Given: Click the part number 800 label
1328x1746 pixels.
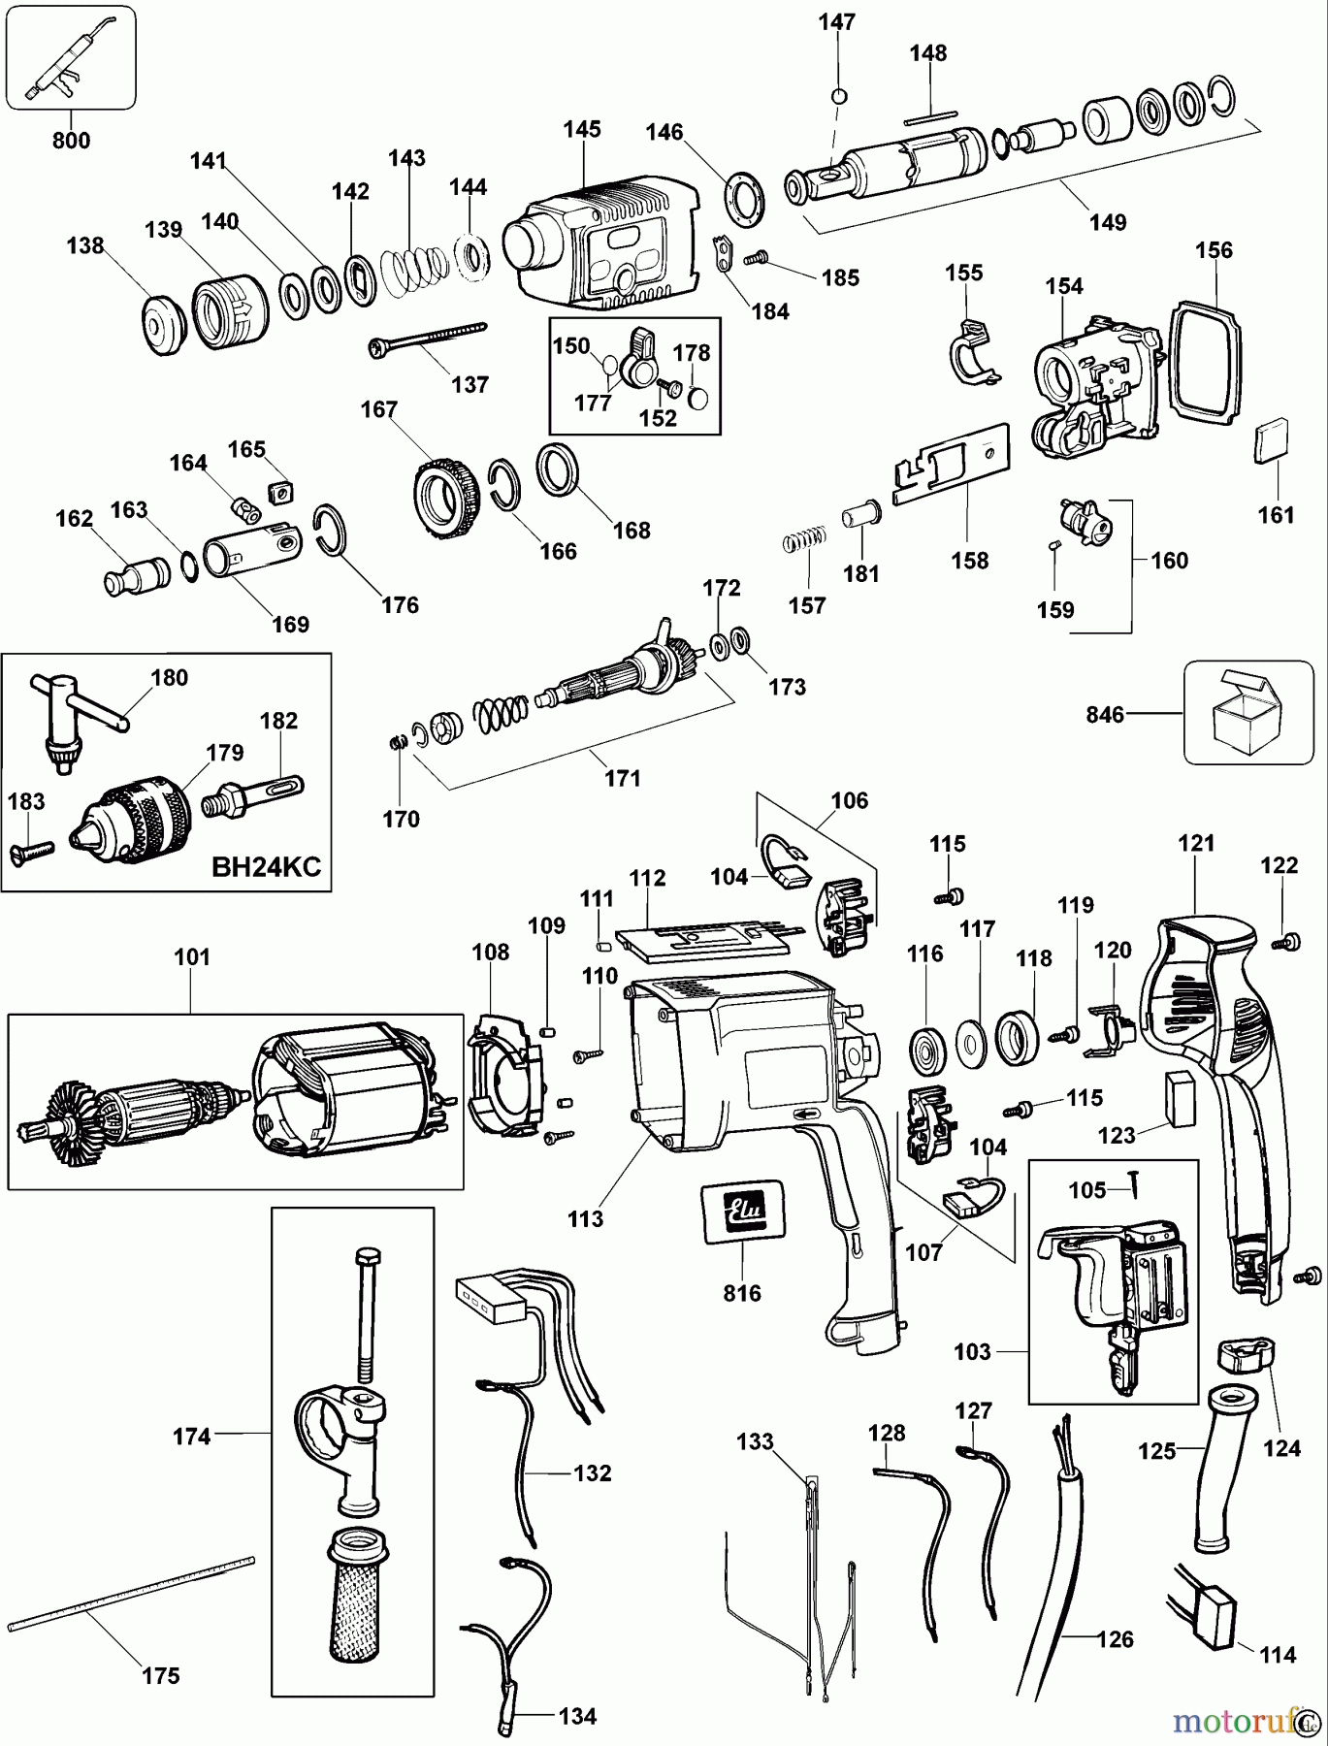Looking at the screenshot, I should pyautogui.click(x=71, y=141).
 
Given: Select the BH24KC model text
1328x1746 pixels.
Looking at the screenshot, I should pyautogui.click(x=266, y=866).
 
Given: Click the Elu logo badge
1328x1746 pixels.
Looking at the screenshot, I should pyautogui.click(x=743, y=1209).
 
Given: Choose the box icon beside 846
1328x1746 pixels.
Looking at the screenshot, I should pyautogui.click(x=1247, y=712).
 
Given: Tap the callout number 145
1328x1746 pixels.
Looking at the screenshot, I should pyautogui.click(x=582, y=129).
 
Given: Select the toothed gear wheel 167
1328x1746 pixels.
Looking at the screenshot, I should pyautogui.click(x=446, y=499).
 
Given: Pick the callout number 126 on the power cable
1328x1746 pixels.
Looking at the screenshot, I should pyautogui.click(x=1116, y=1639).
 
